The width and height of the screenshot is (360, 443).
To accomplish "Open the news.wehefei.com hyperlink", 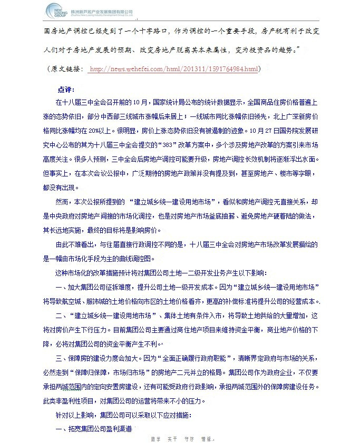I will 174,69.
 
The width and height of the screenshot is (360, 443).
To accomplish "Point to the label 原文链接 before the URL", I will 67,69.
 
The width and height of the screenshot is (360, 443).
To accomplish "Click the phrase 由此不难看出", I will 76,245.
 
